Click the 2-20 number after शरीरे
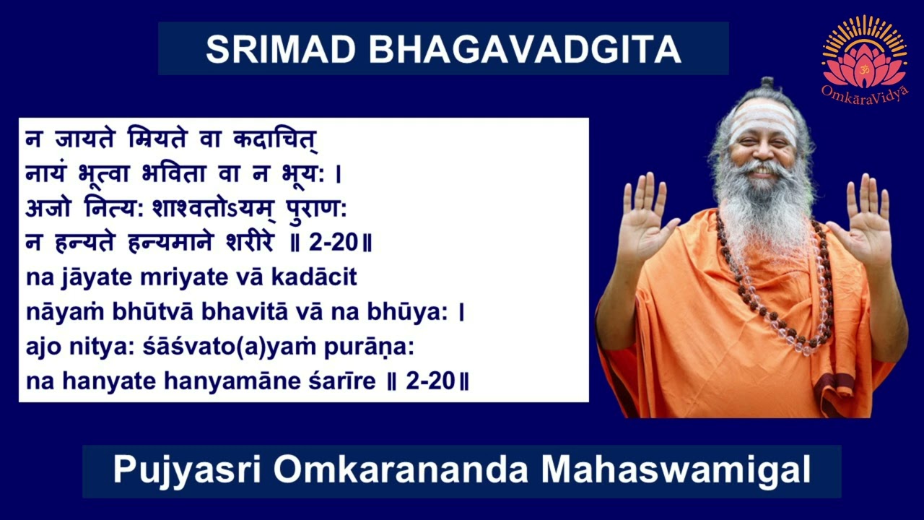click(334, 243)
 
